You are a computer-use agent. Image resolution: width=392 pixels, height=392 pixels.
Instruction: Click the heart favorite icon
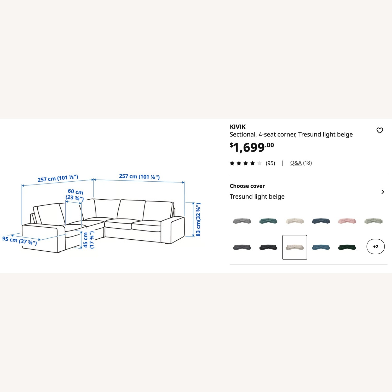tap(380, 130)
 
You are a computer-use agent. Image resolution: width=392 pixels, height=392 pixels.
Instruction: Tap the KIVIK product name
tap(238, 127)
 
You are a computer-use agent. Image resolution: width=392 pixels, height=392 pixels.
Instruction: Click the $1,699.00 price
tap(252, 147)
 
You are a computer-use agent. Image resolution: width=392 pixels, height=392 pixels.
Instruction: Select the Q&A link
tap(296, 163)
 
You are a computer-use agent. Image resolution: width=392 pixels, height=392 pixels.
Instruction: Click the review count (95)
tap(270, 163)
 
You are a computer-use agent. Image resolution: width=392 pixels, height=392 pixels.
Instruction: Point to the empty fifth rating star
tap(259, 163)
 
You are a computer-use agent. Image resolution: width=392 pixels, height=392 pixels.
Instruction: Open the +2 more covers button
tap(376, 246)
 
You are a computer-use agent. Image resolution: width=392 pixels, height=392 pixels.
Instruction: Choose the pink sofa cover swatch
tap(347, 221)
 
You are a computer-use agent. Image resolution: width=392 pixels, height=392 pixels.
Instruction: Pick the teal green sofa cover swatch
tap(268, 221)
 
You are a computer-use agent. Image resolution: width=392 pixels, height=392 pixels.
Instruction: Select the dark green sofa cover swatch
tap(347, 247)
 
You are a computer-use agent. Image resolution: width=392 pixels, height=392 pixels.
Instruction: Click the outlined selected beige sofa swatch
tap(295, 247)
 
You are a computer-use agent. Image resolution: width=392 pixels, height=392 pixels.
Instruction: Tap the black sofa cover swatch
tap(268, 247)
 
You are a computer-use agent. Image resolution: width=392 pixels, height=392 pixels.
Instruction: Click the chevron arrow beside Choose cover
tap(383, 192)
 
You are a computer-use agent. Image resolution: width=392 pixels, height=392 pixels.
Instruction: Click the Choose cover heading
tap(247, 186)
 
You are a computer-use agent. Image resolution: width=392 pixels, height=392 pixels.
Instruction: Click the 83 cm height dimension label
tap(198, 220)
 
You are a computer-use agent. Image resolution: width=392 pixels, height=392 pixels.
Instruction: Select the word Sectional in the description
tap(243, 135)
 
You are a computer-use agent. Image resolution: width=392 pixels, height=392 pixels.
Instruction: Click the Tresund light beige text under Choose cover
tap(257, 197)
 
